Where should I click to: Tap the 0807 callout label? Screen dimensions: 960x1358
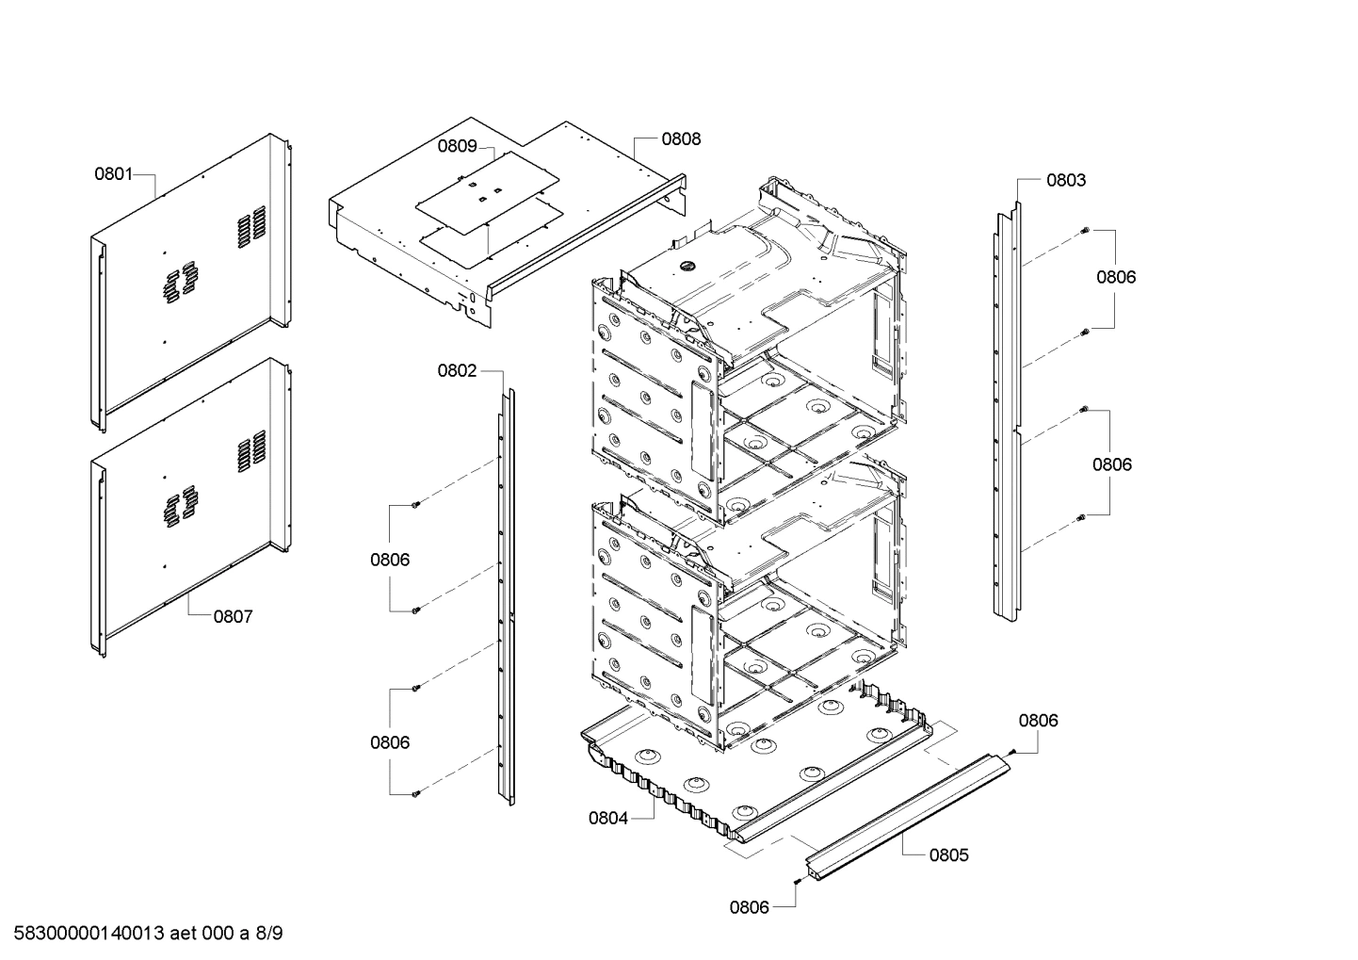tap(233, 617)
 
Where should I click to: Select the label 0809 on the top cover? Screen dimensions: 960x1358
tap(458, 146)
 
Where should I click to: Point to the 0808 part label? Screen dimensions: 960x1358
tap(681, 139)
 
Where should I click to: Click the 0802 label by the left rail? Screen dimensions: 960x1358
tap(457, 371)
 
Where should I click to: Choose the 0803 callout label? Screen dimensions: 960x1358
tap(1066, 181)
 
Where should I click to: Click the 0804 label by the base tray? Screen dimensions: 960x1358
tap(607, 818)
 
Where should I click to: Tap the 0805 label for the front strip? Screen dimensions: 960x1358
tap(948, 855)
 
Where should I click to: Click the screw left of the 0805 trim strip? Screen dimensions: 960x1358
tap(798, 881)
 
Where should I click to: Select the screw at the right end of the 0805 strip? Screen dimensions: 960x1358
tap(1011, 751)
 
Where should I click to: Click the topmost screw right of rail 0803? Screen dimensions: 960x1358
tap(1085, 230)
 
